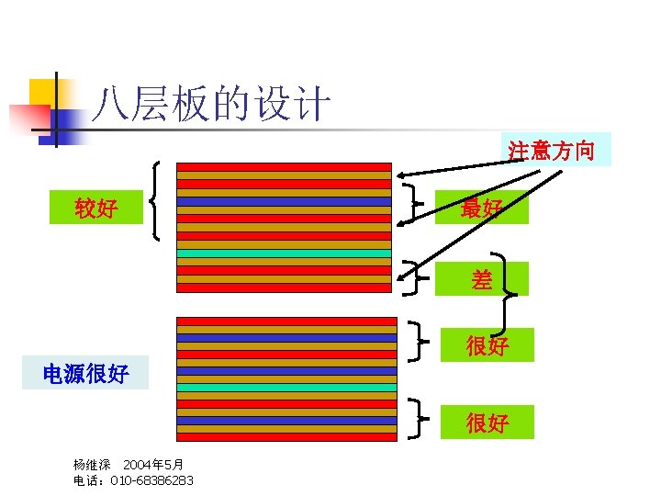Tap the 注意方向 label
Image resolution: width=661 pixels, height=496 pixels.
point(557,150)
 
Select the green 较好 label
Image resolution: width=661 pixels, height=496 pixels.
point(96,209)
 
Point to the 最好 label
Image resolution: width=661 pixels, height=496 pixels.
point(481,209)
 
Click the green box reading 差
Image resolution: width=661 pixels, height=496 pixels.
point(482,279)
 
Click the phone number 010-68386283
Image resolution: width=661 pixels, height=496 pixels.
point(151,480)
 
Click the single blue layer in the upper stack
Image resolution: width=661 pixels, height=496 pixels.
point(284,201)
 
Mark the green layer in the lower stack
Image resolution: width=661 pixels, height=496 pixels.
point(286,388)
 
